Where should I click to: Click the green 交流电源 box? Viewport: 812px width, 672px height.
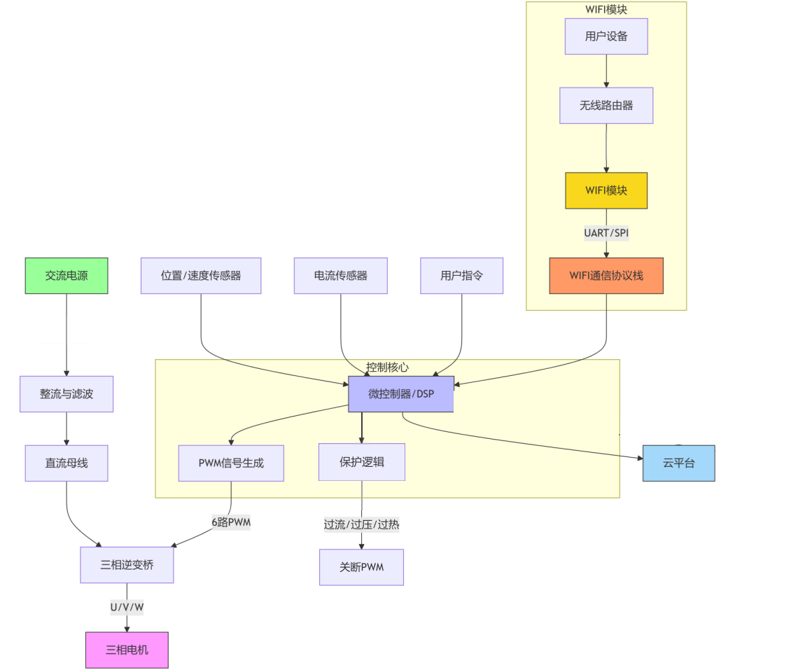point(66,276)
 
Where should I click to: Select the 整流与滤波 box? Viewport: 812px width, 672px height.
point(66,394)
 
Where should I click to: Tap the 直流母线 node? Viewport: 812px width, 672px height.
point(66,463)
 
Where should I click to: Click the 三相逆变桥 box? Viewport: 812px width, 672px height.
point(127,565)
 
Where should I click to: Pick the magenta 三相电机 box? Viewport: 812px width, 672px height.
point(127,650)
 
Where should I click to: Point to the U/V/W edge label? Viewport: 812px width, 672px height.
point(127,607)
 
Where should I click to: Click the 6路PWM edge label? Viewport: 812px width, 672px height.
point(231,521)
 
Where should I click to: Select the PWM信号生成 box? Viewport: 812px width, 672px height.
point(231,463)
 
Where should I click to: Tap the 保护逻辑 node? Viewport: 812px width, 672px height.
point(362,462)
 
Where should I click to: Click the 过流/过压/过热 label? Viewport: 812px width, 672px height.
point(361,524)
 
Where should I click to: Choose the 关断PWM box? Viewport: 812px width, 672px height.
point(361,567)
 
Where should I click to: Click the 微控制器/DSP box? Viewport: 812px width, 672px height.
point(401,394)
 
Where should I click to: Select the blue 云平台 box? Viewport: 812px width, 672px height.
point(678,463)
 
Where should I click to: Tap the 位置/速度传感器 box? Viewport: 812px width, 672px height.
point(201,276)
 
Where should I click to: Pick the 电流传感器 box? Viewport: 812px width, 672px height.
point(341,276)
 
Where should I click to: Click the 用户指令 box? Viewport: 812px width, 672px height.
point(461,276)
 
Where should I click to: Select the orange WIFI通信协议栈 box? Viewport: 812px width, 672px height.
point(606,276)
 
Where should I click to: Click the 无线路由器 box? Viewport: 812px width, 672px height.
point(606,106)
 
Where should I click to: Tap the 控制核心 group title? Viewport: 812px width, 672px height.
point(387,367)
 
